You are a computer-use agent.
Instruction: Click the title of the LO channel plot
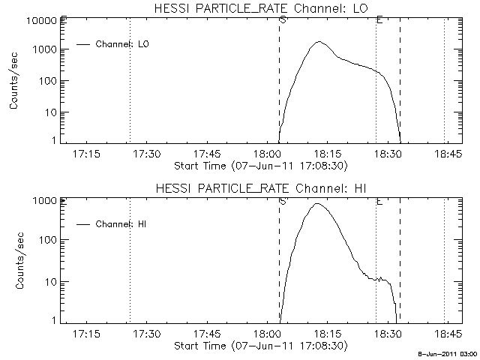pos(259,8)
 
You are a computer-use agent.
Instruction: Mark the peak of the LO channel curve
pos(319,42)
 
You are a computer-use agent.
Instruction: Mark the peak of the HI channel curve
pos(316,203)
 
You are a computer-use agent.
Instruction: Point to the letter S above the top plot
pos(282,19)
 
